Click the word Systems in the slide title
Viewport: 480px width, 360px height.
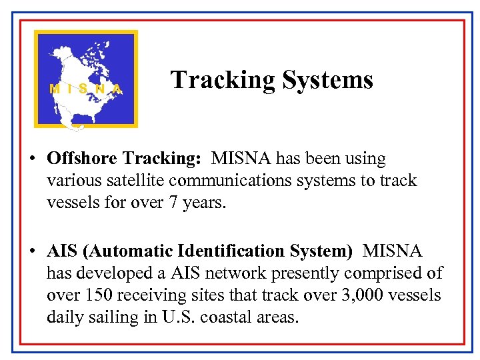click(x=327, y=80)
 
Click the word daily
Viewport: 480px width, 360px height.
click(x=64, y=317)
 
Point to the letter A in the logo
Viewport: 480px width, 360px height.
click(x=117, y=88)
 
